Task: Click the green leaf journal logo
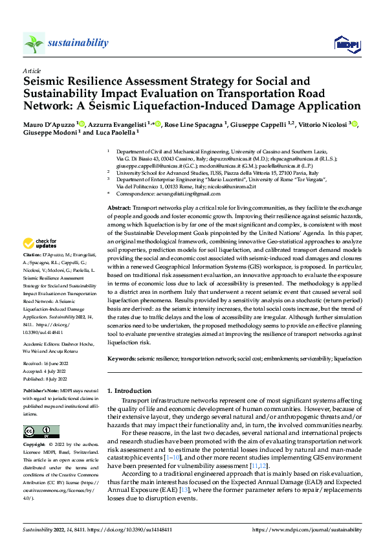[34, 44]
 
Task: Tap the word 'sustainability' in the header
[78, 43]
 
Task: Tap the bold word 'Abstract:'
[118, 205]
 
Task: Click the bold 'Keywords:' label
[122, 358]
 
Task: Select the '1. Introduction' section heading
[129, 391]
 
